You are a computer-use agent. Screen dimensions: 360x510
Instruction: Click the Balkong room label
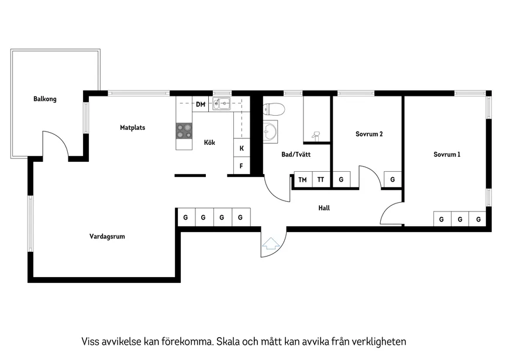[x=45, y=99]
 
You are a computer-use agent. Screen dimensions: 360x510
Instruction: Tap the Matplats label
[x=132, y=127]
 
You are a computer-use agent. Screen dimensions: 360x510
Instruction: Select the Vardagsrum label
[x=107, y=237]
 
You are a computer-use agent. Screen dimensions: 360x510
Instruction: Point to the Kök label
[x=209, y=143]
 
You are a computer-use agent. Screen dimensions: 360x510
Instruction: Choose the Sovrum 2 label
[x=369, y=134]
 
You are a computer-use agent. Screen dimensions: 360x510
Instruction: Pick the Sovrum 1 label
[x=447, y=155]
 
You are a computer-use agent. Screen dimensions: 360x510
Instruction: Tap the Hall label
[x=324, y=207]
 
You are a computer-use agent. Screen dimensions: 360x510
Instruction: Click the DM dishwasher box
[x=201, y=105]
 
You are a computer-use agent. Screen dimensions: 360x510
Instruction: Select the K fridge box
[x=242, y=148]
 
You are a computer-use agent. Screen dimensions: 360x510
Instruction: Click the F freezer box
[x=242, y=166]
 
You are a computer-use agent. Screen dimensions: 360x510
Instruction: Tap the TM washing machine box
[x=302, y=180]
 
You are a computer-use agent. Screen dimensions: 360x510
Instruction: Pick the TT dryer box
[x=321, y=180]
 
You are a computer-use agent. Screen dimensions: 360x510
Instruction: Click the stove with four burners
[x=184, y=131]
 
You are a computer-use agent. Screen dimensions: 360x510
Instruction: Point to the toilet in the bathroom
[x=274, y=109]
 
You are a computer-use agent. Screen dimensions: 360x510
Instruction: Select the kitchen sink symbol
[x=221, y=104]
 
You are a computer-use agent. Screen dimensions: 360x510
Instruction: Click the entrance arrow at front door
[x=270, y=244]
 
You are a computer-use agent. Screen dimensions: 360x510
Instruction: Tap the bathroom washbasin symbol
[x=270, y=131]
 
